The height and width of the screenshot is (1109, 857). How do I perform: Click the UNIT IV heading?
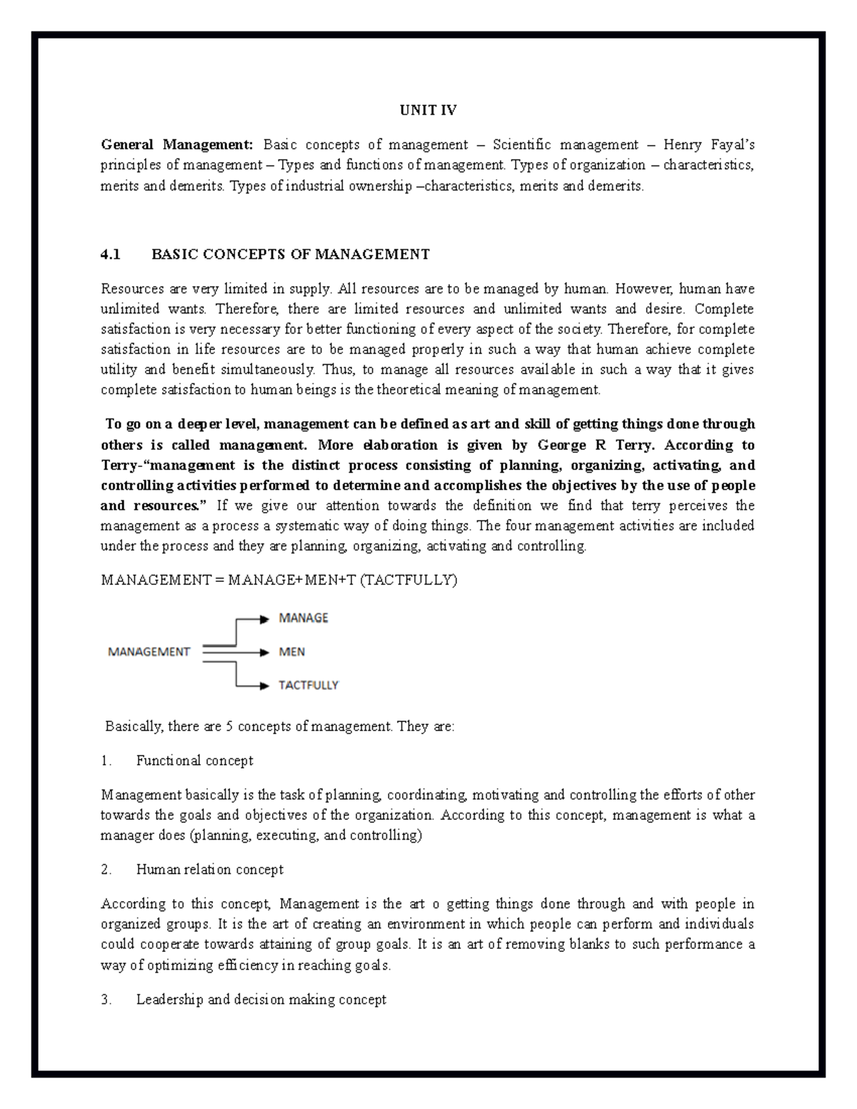click(x=428, y=111)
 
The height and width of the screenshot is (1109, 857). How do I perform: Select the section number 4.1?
click(x=111, y=254)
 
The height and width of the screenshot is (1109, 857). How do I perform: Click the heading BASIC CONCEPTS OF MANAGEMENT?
click(x=291, y=254)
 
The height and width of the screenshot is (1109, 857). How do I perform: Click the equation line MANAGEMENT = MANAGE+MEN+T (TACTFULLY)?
click(x=279, y=580)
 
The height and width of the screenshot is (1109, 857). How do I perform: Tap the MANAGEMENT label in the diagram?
click(x=149, y=651)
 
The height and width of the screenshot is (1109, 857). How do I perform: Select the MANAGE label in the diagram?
click(x=303, y=618)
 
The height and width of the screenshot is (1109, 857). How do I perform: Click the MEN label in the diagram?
click(x=291, y=651)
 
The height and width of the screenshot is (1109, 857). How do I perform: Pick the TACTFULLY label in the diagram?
click(x=308, y=685)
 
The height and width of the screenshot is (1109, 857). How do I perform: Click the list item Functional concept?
click(x=194, y=761)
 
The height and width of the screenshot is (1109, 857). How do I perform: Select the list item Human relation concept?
click(x=209, y=869)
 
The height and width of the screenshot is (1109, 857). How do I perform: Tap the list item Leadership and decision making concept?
click(x=261, y=1000)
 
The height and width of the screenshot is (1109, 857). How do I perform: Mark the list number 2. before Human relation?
click(x=106, y=869)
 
